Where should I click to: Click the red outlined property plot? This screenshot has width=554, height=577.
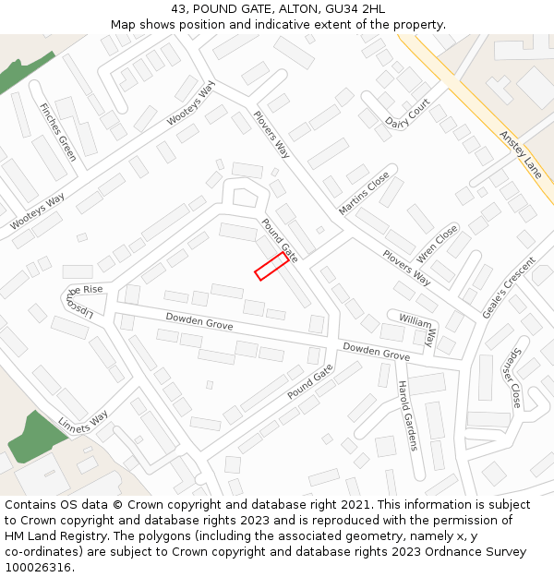point(271,266)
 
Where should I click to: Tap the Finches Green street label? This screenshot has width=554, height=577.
point(57,132)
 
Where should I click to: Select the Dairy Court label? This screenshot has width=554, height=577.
point(407,115)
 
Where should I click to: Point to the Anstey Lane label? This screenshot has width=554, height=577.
point(521,152)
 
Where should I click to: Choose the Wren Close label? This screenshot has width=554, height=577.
point(438,243)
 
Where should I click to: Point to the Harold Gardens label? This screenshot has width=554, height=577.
point(407,415)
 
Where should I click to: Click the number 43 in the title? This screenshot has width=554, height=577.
point(178,9)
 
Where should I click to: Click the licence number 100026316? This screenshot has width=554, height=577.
point(38,567)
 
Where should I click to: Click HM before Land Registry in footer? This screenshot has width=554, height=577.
point(17,535)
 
